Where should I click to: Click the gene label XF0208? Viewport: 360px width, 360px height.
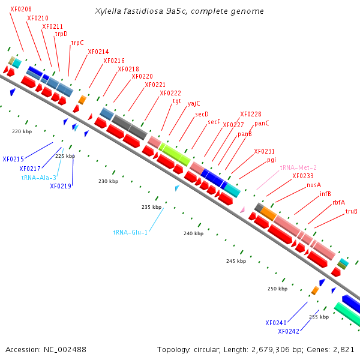tap(21, 9)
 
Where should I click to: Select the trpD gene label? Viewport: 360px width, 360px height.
tap(61, 34)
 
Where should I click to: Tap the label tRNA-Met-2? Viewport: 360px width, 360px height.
tap(298, 167)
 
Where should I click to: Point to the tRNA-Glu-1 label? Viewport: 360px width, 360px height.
tap(130, 232)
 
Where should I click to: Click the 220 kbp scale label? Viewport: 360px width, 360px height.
tap(22, 131)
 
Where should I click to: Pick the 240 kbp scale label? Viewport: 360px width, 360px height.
tap(194, 233)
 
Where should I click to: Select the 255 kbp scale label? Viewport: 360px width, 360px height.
tap(319, 317)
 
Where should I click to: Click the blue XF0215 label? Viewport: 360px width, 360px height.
tap(13, 159)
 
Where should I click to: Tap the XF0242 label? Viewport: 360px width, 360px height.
tap(289, 331)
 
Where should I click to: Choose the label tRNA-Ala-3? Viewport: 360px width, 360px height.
tap(39, 178)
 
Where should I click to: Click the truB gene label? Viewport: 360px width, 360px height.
tap(351, 211)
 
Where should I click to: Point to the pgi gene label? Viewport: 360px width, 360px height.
tap(271, 160)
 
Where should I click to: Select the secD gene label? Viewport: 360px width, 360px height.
tap(202, 114)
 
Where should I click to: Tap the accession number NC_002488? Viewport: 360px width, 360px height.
tap(65, 350)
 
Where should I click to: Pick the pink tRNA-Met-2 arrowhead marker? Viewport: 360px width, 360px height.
tap(242, 209)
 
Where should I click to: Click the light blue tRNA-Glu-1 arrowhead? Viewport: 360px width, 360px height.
tap(177, 188)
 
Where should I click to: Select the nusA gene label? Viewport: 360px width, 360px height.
tap(314, 185)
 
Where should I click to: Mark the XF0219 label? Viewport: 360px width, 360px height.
tap(61, 186)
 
